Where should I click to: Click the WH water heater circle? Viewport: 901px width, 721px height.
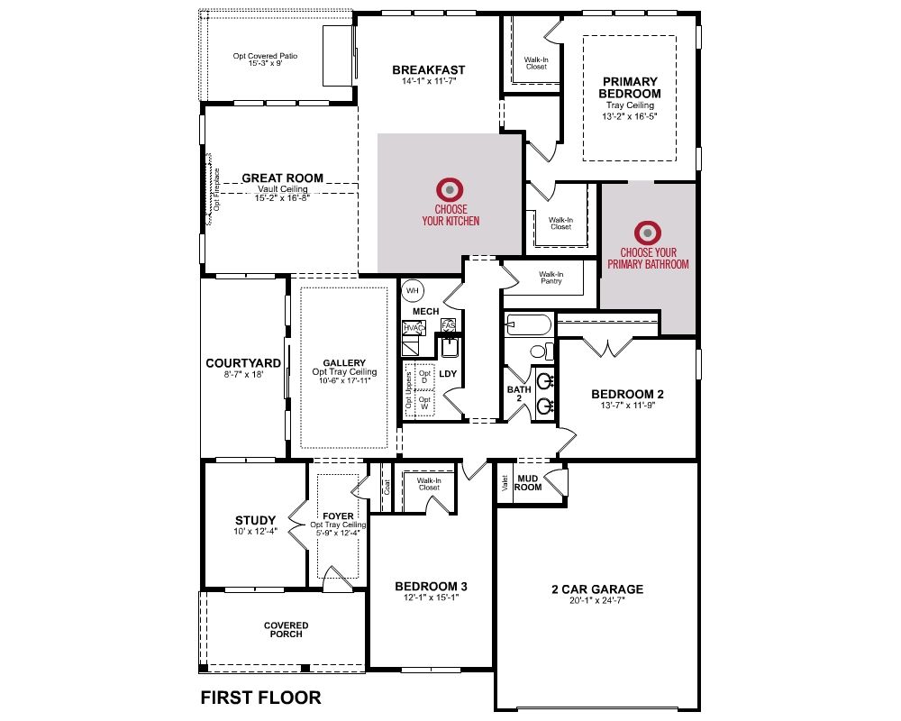click(x=413, y=290)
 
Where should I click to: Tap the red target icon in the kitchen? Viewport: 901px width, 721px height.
click(x=450, y=189)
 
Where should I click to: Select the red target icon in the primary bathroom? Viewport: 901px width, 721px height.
click(x=648, y=233)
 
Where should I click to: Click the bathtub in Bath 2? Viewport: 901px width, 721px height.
click(x=529, y=324)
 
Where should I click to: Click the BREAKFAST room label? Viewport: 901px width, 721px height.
click(x=429, y=70)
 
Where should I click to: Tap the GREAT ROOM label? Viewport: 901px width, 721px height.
click(x=283, y=178)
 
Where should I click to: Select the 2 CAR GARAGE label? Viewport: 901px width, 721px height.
click(x=597, y=589)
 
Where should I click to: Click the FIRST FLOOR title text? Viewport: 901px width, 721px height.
click(x=261, y=698)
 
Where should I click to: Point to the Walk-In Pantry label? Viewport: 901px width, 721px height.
click(x=551, y=278)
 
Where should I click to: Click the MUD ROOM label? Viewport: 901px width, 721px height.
click(x=527, y=483)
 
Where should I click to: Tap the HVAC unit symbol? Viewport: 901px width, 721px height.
click(x=414, y=328)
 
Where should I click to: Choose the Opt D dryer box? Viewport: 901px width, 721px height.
click(x=424, y=377)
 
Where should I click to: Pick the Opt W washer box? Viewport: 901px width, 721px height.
click(x=424, y=403)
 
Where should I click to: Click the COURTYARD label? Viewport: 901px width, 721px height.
click(x=243, y=363)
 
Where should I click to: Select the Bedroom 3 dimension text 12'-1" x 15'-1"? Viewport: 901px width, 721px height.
click(x=431, y=598)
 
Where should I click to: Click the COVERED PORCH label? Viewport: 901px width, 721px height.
click(x=287, y=630)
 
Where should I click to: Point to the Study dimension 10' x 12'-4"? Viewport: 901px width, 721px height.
click(x=255, y=531)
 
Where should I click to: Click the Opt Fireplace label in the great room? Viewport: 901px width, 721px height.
click(x=216, y=190)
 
